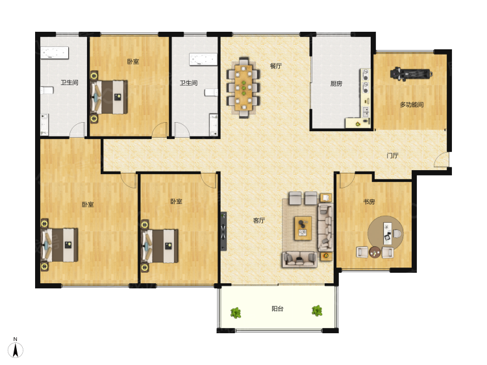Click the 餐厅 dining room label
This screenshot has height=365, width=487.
275,66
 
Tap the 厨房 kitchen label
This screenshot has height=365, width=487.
336,84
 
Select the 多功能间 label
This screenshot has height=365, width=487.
412,105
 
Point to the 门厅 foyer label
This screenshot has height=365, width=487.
392,155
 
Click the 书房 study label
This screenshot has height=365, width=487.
369,202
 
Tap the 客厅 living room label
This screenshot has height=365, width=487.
258,221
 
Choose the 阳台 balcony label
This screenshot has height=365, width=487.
277,308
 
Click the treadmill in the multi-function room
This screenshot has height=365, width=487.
411,74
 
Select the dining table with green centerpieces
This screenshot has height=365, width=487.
243,87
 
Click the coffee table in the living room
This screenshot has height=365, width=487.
303,229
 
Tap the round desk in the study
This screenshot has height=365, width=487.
386,233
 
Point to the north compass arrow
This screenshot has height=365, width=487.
15,349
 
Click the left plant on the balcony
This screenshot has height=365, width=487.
236,312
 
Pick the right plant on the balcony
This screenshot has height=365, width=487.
317,310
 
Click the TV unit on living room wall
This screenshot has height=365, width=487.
223,231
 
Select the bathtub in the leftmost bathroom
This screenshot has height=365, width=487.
55,53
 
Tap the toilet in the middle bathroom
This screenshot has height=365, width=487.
211,93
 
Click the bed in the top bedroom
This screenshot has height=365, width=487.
108,97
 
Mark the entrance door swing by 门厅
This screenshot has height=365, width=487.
441,160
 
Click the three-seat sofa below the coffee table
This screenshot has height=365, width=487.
299,260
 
